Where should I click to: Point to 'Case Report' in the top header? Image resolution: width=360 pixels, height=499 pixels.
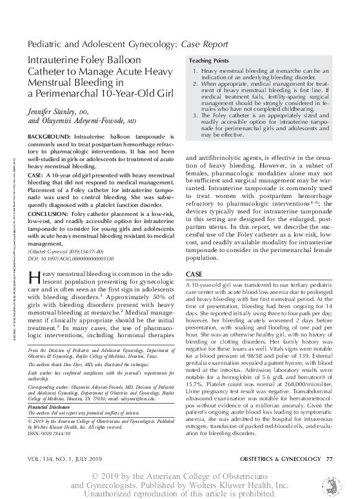pyautogui.click(x=204, y=43)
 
